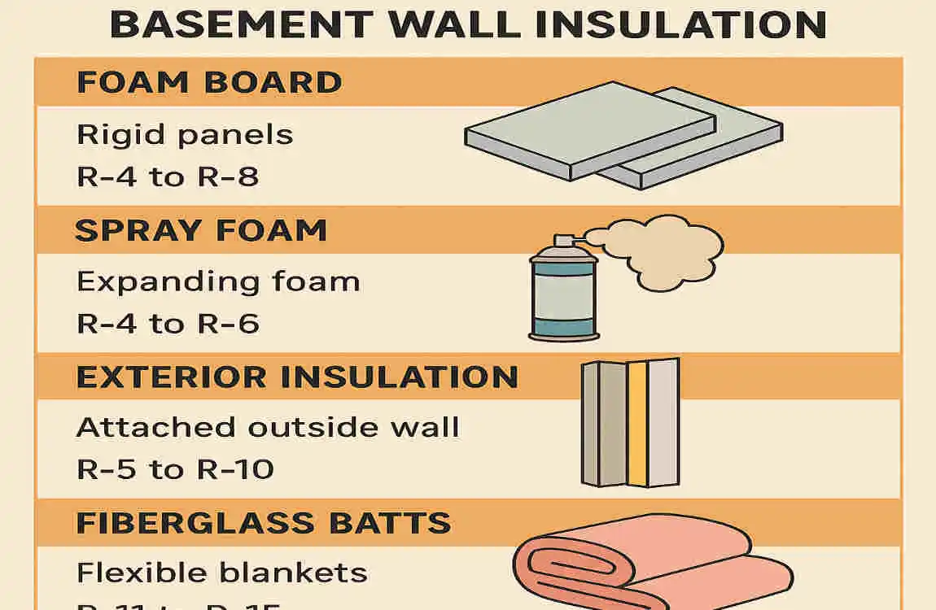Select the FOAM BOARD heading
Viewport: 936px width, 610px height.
tap(208, 82)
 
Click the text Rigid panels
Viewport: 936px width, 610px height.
tap(185, 134)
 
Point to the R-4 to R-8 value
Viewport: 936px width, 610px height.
tap(168, 176)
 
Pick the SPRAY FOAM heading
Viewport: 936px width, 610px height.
tap(200, 230)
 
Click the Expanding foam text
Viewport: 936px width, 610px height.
tap(218, 282)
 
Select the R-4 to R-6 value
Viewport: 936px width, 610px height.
tap(168, 324)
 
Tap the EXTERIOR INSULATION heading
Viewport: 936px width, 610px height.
tap(297, 377)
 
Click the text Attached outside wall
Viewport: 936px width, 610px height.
tap(268, 428)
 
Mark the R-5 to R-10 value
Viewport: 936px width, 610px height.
tap(175, 469)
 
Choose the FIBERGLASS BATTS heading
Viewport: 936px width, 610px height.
tap(263, 522)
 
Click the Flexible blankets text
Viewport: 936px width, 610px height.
tap(221, 573)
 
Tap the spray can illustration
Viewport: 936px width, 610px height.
tap(563, 293)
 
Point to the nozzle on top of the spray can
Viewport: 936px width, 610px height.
tap(563, 241)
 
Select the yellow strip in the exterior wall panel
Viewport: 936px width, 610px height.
tap(636, 423)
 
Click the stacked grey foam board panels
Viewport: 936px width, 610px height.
tap(623, 134)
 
